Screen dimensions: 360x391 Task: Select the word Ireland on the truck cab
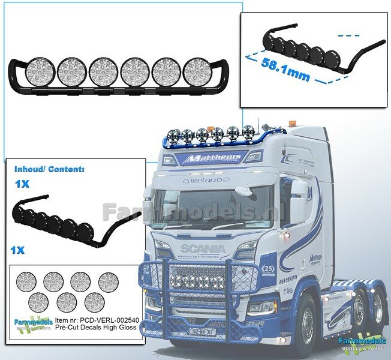[x=207, y=179]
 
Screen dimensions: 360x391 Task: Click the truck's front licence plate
[x=203, y=329]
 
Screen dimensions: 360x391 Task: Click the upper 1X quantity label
[x=21, y=185]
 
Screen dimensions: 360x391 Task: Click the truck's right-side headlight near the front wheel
[x=261, y=307]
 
